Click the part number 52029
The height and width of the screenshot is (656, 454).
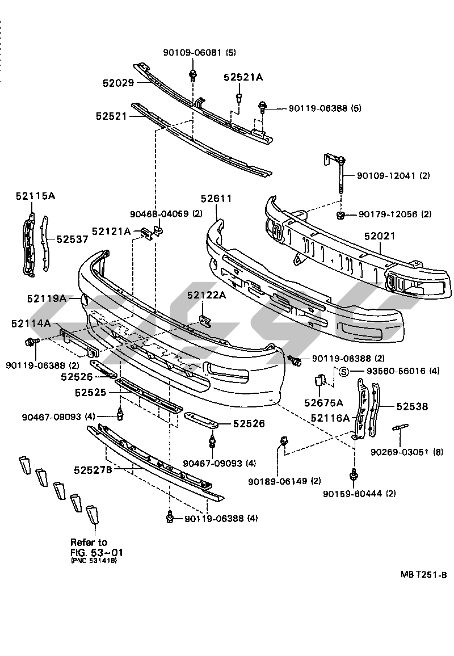pyautogui.click(x=118, y=83)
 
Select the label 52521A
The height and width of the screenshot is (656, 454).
pyautogui.click(x=243, y=78)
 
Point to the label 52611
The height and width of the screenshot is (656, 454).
pyautogui.click(x=216, y=199)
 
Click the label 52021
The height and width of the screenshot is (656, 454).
pyautogui.click(x=380, y=236)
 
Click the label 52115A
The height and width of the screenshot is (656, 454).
pyautogui.click(x=35, y=196)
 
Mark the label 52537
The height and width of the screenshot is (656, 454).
pyautogui.click(x=72, y=239)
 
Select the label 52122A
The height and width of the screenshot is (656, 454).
pyautogui.click(x=207, y=295)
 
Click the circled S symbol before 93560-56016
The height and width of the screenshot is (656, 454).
pyautogui.click(x=343, y=372)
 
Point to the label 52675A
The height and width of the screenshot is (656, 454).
pyautogui.click(x=323, y=403)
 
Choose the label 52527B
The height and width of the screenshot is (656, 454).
pyautogui.click(x=93, y=470)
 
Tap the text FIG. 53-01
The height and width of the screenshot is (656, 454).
pyautogui.click(x=96, y=552)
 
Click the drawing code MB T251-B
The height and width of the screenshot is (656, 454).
pyautogui.click(x=424, y=575)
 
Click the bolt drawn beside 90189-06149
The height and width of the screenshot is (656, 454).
pyautogui.click(x=282, y=441)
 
